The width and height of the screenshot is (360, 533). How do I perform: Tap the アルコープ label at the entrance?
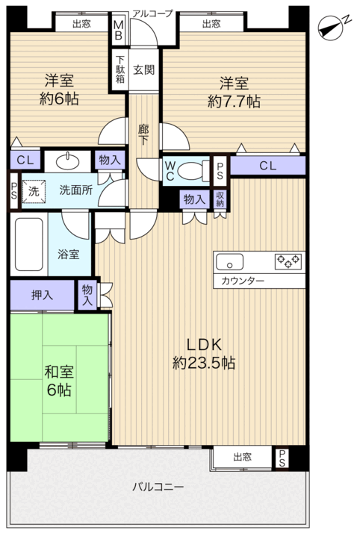(x=152, y=13)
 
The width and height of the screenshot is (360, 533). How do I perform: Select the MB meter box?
(x=118, y=30)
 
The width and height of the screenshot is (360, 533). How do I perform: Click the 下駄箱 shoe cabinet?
(x=120, y=69)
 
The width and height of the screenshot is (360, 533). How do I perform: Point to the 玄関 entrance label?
(x=144, y=70)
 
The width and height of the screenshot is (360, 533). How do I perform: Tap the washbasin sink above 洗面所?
(x=68, y=162)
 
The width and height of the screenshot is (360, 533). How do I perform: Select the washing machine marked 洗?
(x=34, y=191)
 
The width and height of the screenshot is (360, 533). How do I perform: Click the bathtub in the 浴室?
(x=29, y=244)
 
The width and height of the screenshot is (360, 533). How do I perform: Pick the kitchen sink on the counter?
(x=230, y=262)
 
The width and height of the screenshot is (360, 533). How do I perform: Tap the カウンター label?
(x=243, y=281)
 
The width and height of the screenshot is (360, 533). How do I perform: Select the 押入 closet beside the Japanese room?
(x=42, y=295)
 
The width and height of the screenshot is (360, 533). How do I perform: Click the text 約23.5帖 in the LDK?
(x=204, y=363)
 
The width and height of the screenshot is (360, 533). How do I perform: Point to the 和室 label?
(x=59, y=372)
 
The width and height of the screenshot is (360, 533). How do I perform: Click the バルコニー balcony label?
(x=158, y=487)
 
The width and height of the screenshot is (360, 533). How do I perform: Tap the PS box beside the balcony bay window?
(x=282, y=458)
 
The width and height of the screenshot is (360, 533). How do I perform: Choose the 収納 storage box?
(x=220, y=199)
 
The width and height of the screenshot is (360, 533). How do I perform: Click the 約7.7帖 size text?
(x=235, y=102)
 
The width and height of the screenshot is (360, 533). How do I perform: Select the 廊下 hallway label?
(x=143, y=135)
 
